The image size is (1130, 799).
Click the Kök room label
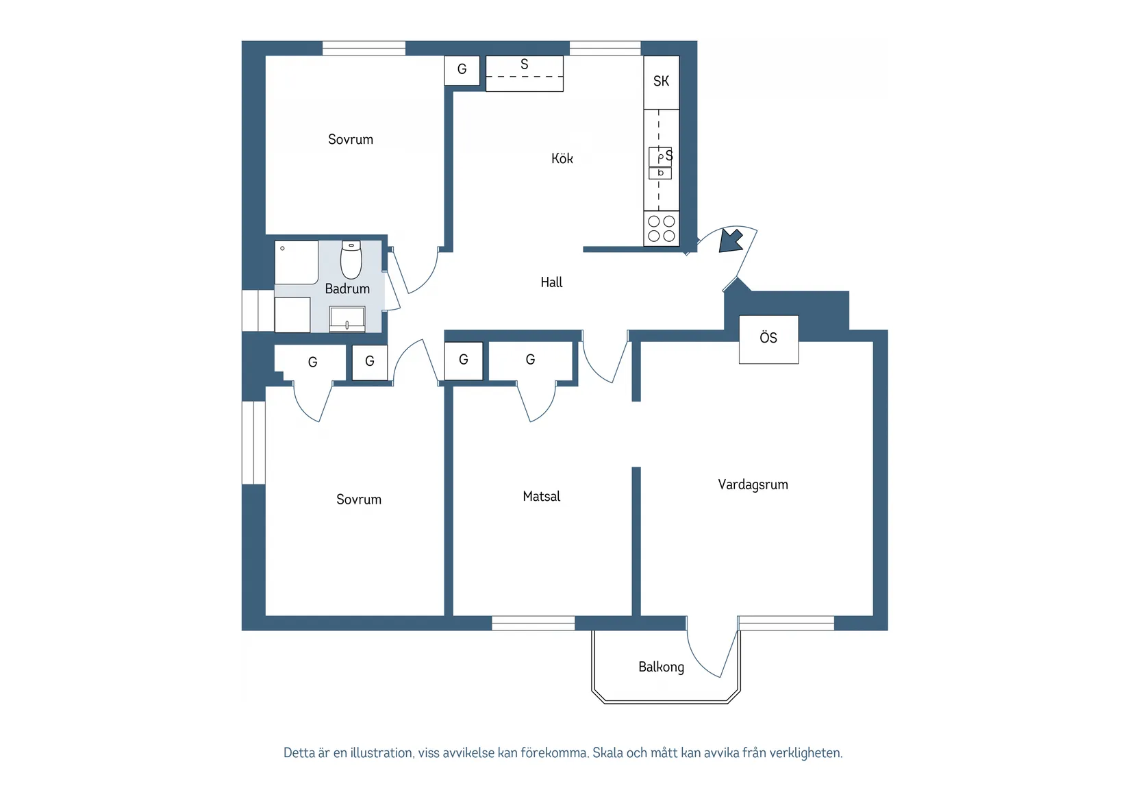562,158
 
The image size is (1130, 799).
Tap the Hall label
551,282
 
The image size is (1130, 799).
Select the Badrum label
347,288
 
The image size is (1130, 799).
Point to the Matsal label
541,496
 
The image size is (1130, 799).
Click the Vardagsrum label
753,484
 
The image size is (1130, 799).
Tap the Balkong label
661,667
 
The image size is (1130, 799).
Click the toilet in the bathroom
351,260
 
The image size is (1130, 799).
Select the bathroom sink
347,319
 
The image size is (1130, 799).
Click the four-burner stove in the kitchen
662,229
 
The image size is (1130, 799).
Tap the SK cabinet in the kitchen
662,82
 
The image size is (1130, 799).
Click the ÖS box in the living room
769,339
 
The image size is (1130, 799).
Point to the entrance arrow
731,241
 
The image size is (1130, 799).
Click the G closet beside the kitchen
462,70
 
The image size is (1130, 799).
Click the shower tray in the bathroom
296,262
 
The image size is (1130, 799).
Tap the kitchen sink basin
660,157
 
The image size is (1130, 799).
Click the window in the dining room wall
533,623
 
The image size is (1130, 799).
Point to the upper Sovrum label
351,139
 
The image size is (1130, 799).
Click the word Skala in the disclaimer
608,752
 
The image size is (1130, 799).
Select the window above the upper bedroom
364,48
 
